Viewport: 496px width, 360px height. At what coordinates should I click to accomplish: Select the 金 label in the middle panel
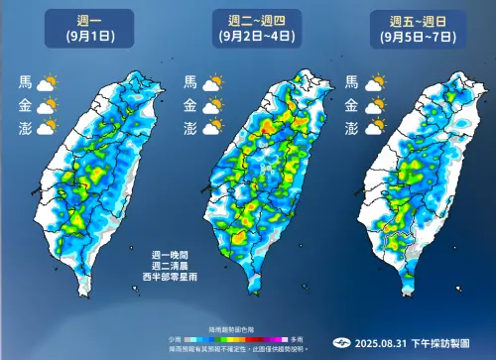(189, 105)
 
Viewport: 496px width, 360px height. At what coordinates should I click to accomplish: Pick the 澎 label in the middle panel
(189, 127)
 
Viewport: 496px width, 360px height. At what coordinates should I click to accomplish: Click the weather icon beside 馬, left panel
(48, 83)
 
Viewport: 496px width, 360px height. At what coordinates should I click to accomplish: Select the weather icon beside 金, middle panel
(211, 105)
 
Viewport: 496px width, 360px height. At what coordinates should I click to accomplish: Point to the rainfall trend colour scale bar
(248, 338)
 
